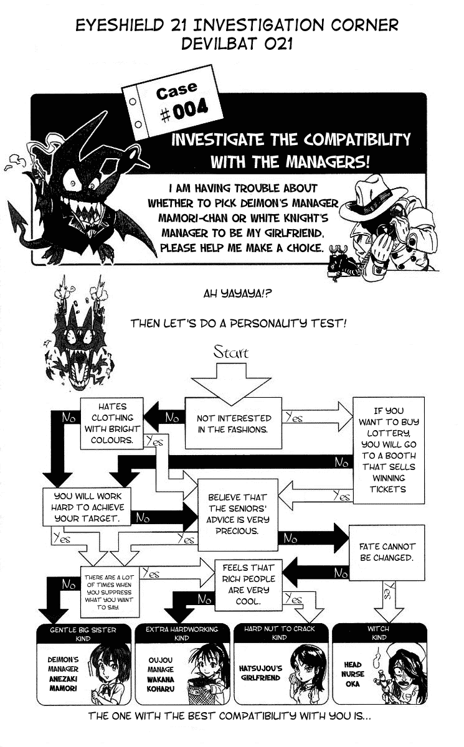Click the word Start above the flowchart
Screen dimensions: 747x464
[x=231, y=352]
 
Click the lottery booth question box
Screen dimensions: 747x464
[x=389, y=449]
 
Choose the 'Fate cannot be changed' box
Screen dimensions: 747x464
[x=386, y=552]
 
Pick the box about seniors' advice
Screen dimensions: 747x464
[x=237, y=514]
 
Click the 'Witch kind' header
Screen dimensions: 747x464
[x=377, y=633]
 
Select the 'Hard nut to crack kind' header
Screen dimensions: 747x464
[x=279, y=633]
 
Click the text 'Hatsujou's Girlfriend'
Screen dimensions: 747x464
[x=260, y=674]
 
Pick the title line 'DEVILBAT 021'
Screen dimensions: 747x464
[x=236, y=45]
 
